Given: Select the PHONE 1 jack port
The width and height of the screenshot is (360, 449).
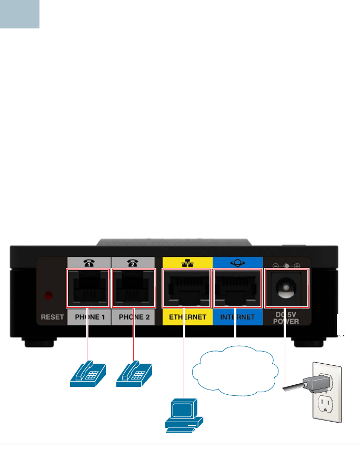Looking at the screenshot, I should (87, 288).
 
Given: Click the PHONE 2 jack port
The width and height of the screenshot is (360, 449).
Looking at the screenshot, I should (134, 288).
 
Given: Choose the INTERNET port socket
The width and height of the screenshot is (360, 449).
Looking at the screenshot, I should (237, 288).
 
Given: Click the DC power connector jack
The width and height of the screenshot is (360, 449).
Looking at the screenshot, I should (286, 288).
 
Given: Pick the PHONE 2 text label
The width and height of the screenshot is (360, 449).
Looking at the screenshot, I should (134, 317).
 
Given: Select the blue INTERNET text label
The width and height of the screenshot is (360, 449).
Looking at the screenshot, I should (237, 317).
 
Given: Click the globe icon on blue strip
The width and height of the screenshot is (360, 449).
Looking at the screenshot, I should (237, 262).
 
